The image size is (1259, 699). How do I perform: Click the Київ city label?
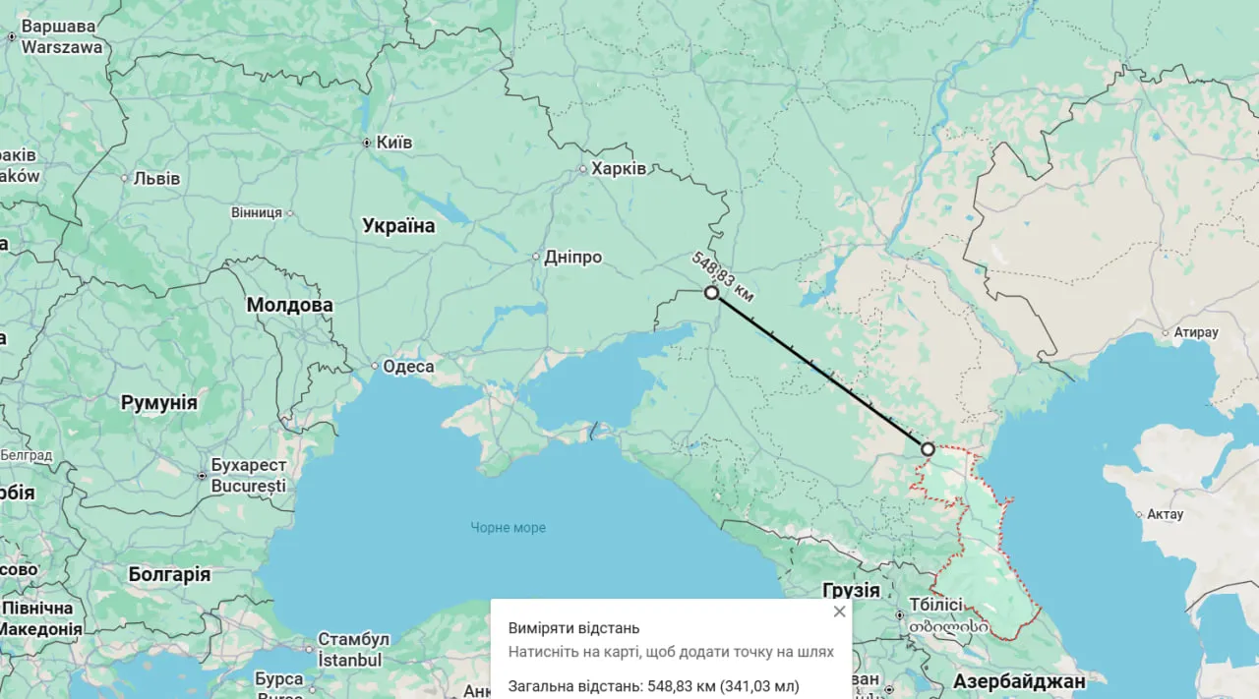pyautogui.click(x=393, y=143)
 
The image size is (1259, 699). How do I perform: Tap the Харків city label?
pyautogui.click(x=618, y=169)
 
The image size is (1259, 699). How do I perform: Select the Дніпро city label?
pyautogui.click(x=573, y=257)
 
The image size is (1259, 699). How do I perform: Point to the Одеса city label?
pyautogui.click(x=407, y=367)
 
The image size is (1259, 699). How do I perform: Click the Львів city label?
pyautogui.click(x=157, y=178)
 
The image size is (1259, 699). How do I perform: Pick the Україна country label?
pyautogui.click(x=398, y=226)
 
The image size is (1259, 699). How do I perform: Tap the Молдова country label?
pyautogui.click(x=289, y=305)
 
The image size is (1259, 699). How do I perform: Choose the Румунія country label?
pyautogui.click(x=158, y=402)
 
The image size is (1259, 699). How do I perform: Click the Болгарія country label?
pyautogui.click(x=169, y=574)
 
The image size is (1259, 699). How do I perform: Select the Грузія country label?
pyautogui.click(x=851, y=590)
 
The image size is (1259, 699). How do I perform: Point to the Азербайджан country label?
pyautogui.click(x=1019, y=680)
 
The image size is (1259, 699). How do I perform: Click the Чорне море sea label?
pyautogui.click(x=508, y=528)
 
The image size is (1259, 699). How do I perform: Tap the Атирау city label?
pyautogui.click(x=1195, y=332)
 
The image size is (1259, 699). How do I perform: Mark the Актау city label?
pyautogui.click(x=1166, y=514)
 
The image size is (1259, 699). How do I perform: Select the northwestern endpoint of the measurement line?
pyautogui.click(x=711, y=293)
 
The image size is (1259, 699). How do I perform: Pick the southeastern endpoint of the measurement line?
pyautogui.click(x=928, y=449)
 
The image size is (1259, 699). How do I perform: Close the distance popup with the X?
pyautogui.click(x=839, y=612)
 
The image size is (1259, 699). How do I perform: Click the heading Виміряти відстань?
pyautogui.click(x=573, y=627)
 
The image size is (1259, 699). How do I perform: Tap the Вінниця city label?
pyautogui.click(x=256, y=212)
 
